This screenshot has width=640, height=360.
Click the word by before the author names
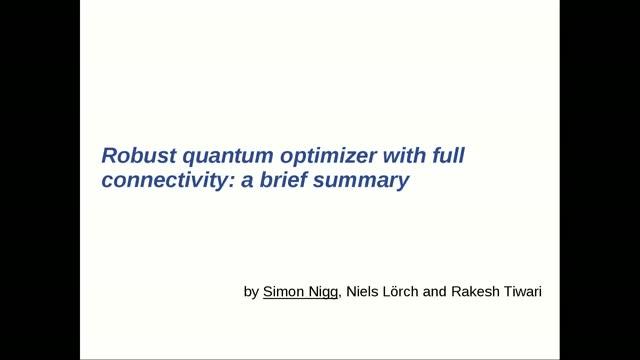tap(251, 293)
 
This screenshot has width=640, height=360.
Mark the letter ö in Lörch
tap(409, 293)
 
